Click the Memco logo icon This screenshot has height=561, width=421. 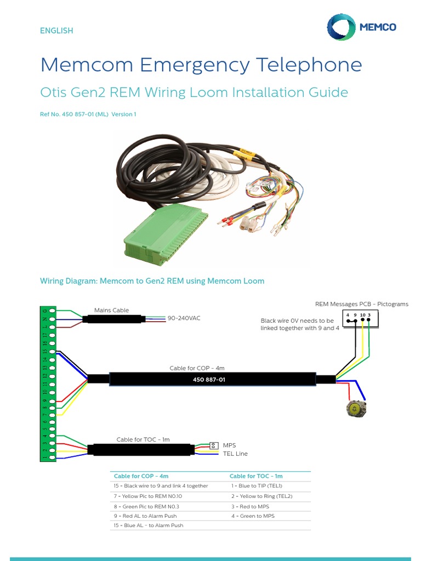tap(340, 27)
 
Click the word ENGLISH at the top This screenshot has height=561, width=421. tap(56, 31)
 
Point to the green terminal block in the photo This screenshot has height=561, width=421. tap(165, 230)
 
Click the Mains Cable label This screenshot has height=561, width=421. tap(111, 310)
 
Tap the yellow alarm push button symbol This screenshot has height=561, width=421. tap(356, 408)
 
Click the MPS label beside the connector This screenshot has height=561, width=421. tap(229, 445)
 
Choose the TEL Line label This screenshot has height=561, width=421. tap(235, 454)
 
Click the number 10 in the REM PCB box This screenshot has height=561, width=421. tap(362, 314)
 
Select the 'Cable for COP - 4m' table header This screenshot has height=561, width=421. tap(141, 476)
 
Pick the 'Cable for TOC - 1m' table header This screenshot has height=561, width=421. tap(256, 476)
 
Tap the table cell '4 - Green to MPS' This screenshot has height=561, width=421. tap(253, 516)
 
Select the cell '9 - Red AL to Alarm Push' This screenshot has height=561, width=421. tap(145, 516)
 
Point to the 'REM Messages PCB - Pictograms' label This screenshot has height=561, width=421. tap(361, 304)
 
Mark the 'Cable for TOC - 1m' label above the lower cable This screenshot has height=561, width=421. tap(143, 439)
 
